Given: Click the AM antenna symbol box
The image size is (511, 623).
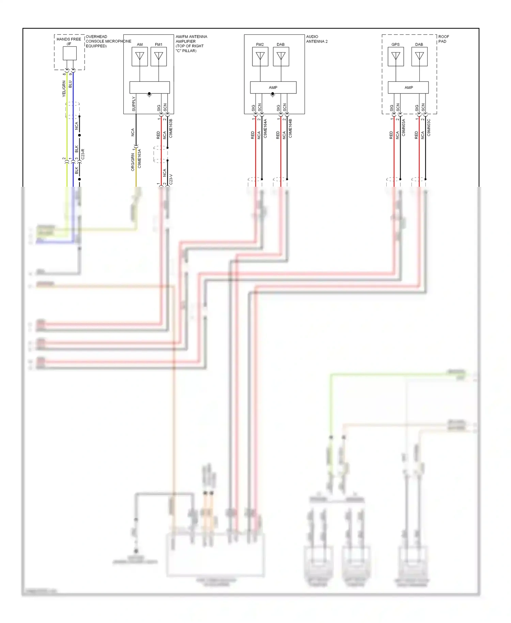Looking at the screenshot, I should click(140, 56).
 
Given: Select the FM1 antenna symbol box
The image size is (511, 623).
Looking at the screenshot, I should click(159, 56).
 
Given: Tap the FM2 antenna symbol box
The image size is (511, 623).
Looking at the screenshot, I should click(260, 56).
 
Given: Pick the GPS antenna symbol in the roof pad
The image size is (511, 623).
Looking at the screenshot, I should click(396, 56).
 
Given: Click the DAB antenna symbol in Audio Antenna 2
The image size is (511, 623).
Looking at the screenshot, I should click(281, 56).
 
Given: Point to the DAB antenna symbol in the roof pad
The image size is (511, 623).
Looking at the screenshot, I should click(420, 56).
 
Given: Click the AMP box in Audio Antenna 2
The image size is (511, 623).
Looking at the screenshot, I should click(273, 88).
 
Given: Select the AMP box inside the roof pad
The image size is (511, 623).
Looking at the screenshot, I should click(408, 88).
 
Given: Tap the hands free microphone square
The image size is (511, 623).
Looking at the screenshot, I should click(70, 53).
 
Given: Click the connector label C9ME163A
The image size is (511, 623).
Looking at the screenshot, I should click(139, 158).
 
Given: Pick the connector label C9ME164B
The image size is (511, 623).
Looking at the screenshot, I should click(290, 128).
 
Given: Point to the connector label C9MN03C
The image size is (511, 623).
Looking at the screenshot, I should click(429, 127).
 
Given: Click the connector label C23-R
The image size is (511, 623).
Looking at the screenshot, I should click(83, 154).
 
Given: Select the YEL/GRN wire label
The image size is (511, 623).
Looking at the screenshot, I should click(64, 89).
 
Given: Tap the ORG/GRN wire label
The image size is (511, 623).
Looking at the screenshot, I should click(133, 162).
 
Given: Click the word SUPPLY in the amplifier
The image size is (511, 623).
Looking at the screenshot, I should click(134, 104).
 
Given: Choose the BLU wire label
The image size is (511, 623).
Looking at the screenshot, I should click(70, 84).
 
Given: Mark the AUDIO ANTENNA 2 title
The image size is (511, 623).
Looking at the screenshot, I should click(316, 39).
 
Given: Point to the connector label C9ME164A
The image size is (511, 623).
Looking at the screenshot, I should click(265, 128).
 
